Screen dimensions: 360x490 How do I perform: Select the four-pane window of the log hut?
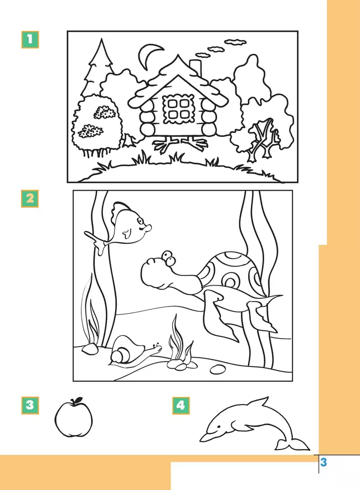click(x=178, y=109)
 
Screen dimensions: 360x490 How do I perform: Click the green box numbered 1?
click(x=30, y=40)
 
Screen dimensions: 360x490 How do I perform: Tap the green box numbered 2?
click(x=30, y=198)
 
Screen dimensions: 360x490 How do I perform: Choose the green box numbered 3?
click(x=30, y=405)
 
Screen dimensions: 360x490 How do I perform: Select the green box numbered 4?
click(x=181, y=406)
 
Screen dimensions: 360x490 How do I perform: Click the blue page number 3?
click(x=323, y=462)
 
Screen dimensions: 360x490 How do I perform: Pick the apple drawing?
click(x=74, y=418)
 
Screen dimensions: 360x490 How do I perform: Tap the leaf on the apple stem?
click(x=78, y=400)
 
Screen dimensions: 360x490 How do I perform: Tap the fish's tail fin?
click(x=96, y=241)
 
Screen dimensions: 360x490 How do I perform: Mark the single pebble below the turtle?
click(x=218, y=369)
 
